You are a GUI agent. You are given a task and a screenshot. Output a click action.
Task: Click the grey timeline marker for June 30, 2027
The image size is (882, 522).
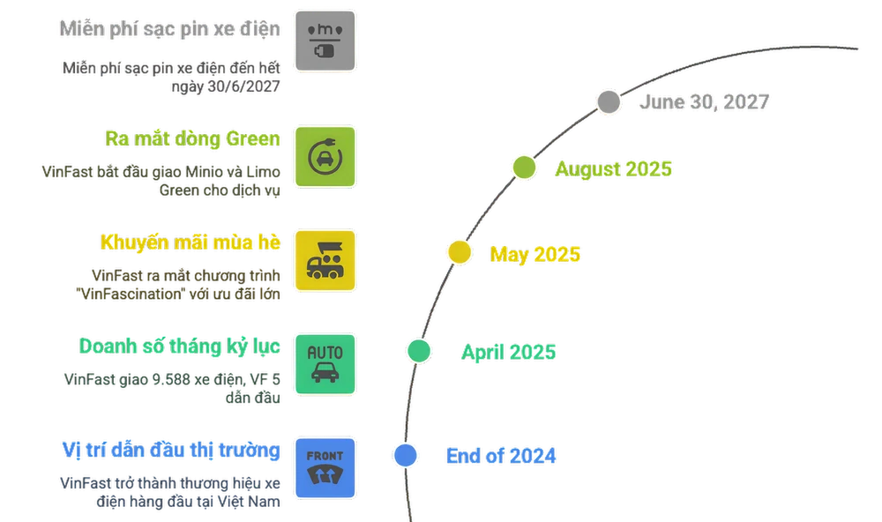pos(609,102)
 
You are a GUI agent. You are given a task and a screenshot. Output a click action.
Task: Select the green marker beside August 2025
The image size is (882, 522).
pos(524,168)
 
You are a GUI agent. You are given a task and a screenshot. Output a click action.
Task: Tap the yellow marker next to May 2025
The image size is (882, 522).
pos(459,253)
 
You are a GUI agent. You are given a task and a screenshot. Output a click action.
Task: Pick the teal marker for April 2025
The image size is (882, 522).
pos(419,351)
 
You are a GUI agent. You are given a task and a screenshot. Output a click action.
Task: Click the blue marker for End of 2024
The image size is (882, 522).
pos(405,455)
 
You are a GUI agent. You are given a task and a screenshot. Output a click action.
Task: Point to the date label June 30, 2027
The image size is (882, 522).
pos(704,102)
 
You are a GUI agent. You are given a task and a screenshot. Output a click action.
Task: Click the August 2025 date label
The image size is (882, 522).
pos(613,168)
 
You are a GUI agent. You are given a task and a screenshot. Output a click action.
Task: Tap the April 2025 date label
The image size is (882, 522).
pos(508,352)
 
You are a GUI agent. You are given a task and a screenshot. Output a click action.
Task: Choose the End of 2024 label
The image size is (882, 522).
pos(501,456)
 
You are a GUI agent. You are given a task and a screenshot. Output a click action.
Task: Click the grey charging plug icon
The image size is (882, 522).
pos(325,41)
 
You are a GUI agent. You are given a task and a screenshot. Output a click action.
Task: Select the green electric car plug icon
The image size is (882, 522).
pos(325,157)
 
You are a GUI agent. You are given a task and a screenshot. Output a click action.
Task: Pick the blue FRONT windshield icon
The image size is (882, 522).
pos(325,467)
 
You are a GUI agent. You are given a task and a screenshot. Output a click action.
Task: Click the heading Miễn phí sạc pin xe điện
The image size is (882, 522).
pos(169,29)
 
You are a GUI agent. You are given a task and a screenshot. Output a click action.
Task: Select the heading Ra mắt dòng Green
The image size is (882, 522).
pos(192,138)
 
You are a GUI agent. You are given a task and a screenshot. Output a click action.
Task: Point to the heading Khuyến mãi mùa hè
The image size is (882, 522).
pos(191,241)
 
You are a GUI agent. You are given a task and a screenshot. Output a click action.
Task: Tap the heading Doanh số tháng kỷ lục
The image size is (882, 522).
pos(179,347)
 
